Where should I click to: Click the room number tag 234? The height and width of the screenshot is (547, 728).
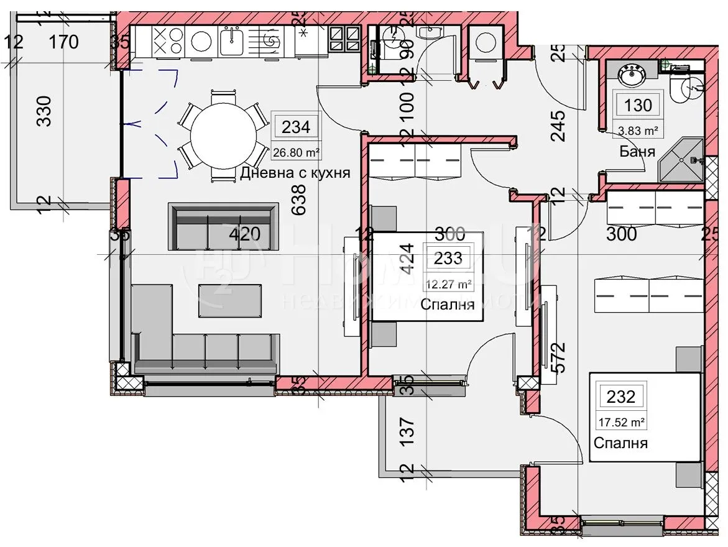tap(296, 127)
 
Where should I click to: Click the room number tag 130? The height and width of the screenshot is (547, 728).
tap(638, 105)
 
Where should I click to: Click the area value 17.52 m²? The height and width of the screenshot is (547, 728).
tap(620, 422)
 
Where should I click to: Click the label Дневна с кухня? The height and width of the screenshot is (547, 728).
tap(295, 173)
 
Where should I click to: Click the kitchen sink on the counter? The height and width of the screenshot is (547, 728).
tap(234, 42)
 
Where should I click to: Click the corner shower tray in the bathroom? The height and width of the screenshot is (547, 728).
tap(681, 160)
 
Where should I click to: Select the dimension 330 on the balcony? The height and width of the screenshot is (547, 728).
tap(44, 111)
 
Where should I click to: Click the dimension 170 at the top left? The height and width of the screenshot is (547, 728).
tap(64, 42)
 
